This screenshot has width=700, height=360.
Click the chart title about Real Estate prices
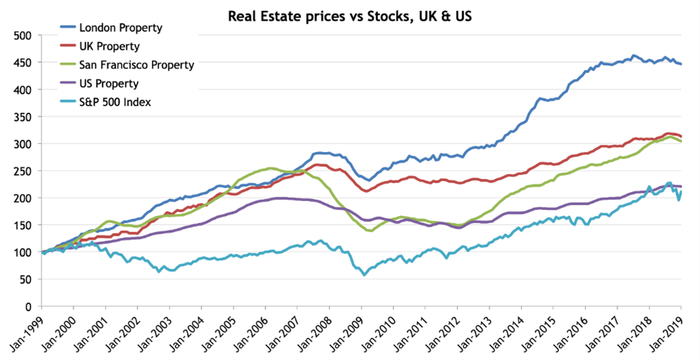[350, 15]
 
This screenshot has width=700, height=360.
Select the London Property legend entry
[120, 28]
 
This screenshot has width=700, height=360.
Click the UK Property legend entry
[110, 47]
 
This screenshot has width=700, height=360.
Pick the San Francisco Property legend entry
[137, 66]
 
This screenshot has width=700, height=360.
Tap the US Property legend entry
[109, 84]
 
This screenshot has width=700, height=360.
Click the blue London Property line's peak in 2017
[634, 55]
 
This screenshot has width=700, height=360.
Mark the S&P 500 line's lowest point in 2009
[365, 275]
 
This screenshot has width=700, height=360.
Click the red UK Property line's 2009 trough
[366, 191]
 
